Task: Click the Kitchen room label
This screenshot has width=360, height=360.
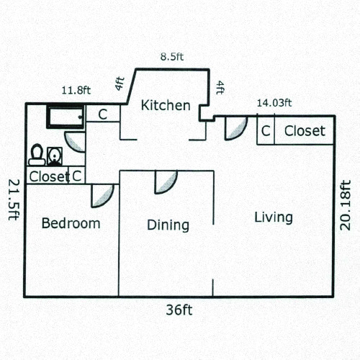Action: [x=166, y=106]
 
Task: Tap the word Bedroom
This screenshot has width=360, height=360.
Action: [x=71, y=223]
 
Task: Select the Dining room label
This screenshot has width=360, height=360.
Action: [x=168, y=225]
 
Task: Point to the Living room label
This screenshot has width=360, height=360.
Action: [x=274, y=217]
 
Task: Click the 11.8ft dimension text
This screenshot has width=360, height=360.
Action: [x=76, y=91]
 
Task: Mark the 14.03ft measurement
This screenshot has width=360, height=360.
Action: [x=274, y=103]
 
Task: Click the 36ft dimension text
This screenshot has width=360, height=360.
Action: [x=179, y=310]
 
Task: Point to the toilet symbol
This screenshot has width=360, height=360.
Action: [x=36, y=153]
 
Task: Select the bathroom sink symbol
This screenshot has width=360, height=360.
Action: [x=54, y=155]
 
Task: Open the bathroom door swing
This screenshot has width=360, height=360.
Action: [x=75, y=140]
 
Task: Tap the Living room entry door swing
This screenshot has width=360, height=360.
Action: [x=235, y=128]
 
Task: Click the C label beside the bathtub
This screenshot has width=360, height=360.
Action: [x=103, y=114]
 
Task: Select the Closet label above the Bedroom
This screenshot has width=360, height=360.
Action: [x=49, y=176]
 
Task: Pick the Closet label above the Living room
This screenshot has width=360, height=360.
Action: [x=305, y=131]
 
